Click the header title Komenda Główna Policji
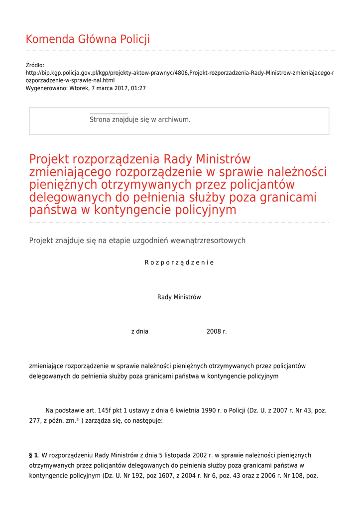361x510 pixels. coord(88,39)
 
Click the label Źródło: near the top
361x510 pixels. coord(35,65)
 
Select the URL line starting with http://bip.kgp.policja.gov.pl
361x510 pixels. coord(180,73)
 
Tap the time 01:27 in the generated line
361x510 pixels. coord(138,88)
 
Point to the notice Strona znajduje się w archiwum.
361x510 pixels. coord(140,120)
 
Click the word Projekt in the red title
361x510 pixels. coord(49,159)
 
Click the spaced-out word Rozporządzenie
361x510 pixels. coord(179,262)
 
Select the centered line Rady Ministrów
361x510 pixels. coord(179,297)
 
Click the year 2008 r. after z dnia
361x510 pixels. coord(217,332)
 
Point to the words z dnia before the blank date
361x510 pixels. coord(139,332)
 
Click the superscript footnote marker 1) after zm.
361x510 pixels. coord(78,419)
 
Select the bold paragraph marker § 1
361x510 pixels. coord(33,455)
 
